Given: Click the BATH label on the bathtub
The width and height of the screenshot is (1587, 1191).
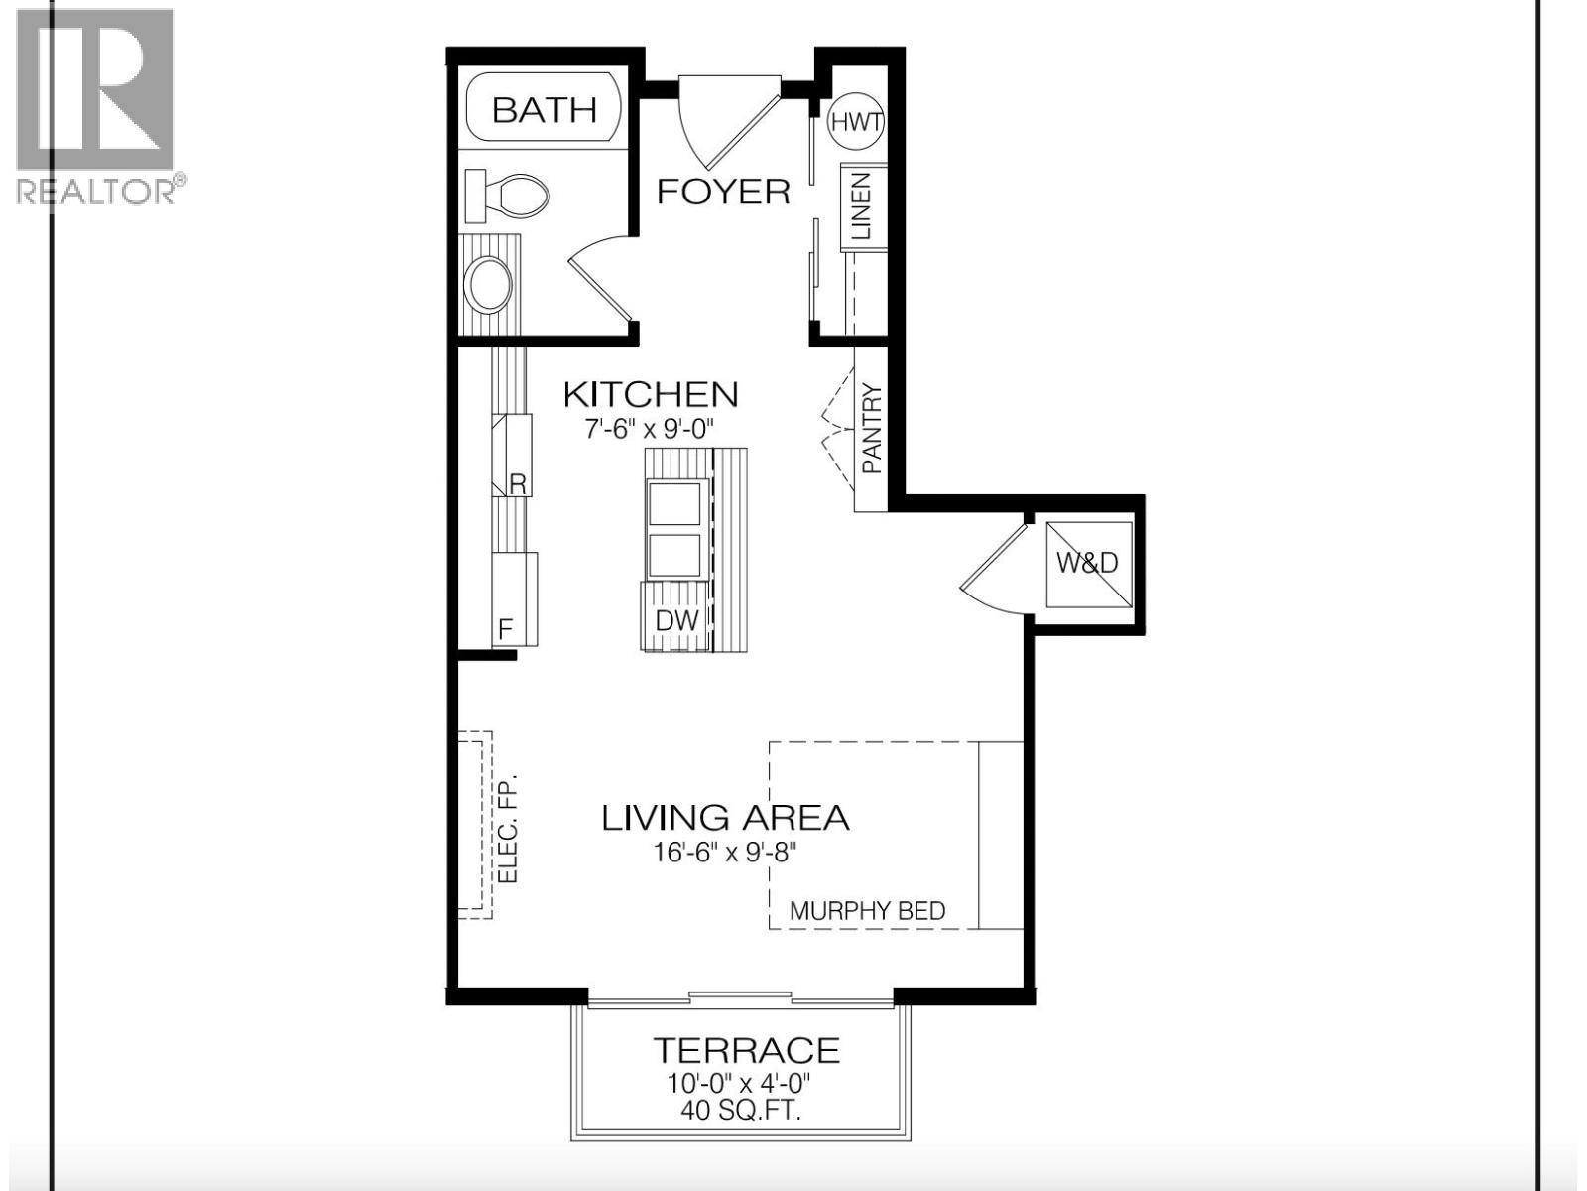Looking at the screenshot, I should (544, 109).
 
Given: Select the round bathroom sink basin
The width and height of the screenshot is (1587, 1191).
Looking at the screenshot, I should (489, 285).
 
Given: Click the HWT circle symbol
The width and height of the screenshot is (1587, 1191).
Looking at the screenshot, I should (856, 123).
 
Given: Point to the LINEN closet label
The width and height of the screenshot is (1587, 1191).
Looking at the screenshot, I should (860, 206).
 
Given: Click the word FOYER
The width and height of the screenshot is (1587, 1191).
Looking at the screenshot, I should (723, 191).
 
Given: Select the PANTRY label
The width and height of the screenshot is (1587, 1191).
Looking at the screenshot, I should (871, 429).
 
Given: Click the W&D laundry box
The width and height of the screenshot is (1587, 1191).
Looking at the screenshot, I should (1088, 563).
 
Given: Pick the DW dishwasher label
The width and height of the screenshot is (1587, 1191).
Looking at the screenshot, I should (677, 621).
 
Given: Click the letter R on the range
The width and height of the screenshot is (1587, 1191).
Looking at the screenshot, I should (517, 483).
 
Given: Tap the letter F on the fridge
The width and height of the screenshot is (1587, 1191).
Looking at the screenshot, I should (505, 629).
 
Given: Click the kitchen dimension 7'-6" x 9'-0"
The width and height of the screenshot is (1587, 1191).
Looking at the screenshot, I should (650, 429).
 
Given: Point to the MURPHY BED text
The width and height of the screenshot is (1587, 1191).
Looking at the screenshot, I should (867, 910).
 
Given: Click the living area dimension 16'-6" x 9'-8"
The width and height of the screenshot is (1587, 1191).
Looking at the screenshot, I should (725, 852).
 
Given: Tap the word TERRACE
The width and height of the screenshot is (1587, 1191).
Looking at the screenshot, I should (745, 1050).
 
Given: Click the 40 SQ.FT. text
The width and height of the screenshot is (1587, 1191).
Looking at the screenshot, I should (741, 1110).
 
